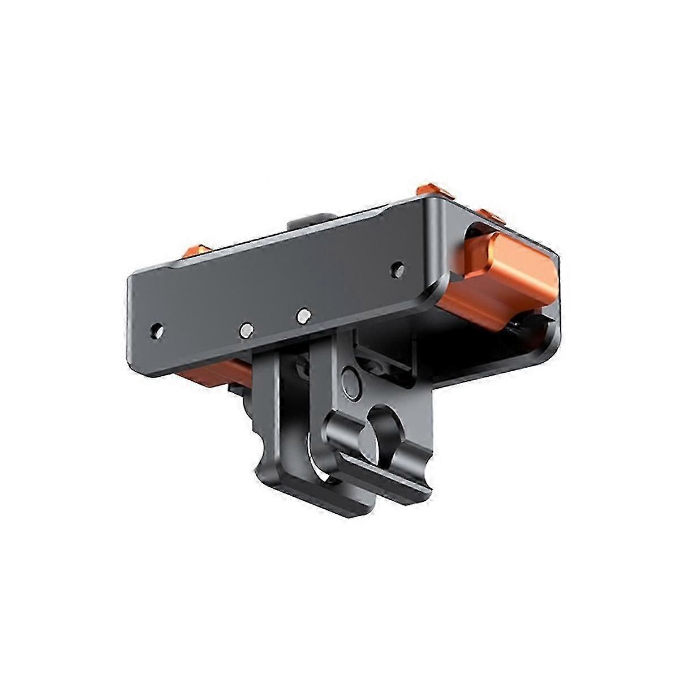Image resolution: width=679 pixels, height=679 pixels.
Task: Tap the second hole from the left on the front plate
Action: (247, 328)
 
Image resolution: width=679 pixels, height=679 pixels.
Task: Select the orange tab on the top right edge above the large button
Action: (488, 217)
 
